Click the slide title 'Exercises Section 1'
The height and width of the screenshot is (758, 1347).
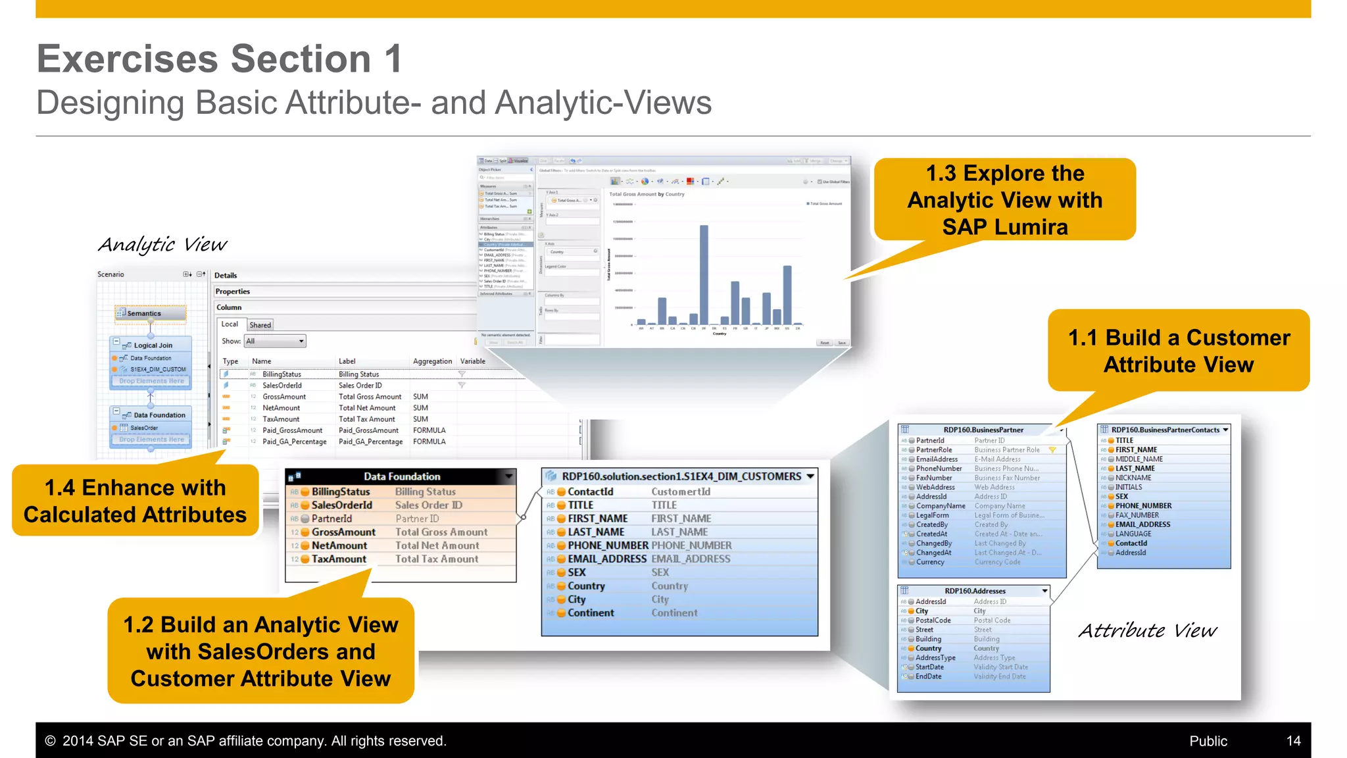pyautogui.click(x=220, y=59)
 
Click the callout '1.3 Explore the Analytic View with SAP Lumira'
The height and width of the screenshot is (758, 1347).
pyautogui.click(x=1004, y=199)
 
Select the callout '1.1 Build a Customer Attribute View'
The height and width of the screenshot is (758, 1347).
pyautogui.click(x=1178, y=351)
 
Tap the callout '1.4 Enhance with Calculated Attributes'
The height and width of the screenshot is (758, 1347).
pyautogui.click(x=135, y=501)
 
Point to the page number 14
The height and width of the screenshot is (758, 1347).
pyautogui.click(x=1293, y=741)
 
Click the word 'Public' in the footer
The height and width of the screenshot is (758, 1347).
pyautogui.click(x=1208, y=741)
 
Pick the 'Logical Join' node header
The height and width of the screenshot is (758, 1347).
pyautogui.click(x=153, y=345)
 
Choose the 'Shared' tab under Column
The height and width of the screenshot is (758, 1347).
pyautogui.click(x=260, y=325)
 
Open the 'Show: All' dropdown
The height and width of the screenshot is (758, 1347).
pyautogui.click(x=275, y=341)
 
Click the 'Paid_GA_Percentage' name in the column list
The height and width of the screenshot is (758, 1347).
pyautogui.click(x=294, y=442)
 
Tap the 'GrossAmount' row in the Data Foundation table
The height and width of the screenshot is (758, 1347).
pyautogui.click(x=343, y=532)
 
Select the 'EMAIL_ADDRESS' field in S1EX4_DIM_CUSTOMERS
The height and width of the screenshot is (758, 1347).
pyautogui.click(x=606, y=559)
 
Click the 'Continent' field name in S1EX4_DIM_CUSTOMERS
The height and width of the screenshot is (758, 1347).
pyautogui.click(x=591, y=613)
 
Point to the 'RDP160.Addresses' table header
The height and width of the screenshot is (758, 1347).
pyautogui.click(x=975, y=591)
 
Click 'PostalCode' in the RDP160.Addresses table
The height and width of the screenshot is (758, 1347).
pyautogui.click(x=933, y=620)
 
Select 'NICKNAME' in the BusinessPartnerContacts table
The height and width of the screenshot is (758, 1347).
pyautogui.click(x=1133, y=478)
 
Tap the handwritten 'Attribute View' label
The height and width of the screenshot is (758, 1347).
pyautogui.click(x=1148, y=631)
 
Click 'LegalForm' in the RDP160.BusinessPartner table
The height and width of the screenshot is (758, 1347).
pyautogui.click(x=932, y=515)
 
